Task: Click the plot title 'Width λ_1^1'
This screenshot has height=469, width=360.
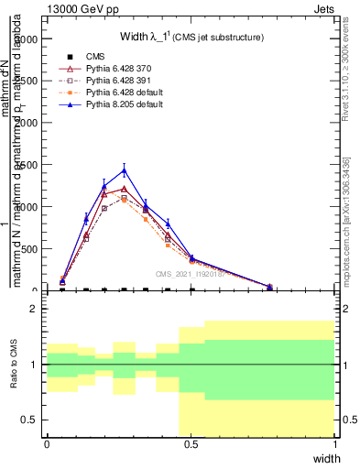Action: [x=191, y=37]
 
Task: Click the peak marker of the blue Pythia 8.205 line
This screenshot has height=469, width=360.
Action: [x=124, y=169]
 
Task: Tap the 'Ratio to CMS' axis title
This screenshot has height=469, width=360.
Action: [x=15, y=365]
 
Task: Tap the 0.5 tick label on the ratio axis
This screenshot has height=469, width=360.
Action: [x=29, y=420]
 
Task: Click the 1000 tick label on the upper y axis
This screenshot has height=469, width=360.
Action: [x=27, y=207]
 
